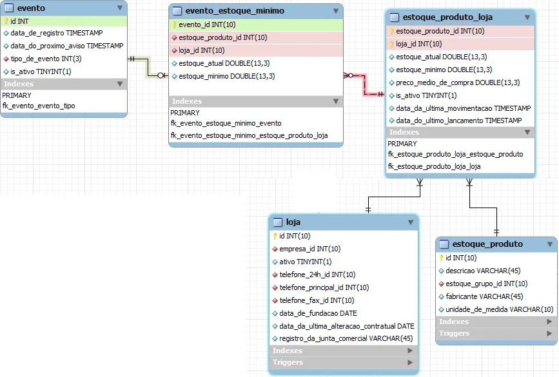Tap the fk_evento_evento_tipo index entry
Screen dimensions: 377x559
pyautogui.click(x=39, y=106)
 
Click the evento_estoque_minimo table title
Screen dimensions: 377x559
pyautogui.click(x=235, y=12)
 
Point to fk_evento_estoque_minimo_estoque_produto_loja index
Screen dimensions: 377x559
pyautogui.click(x=249, y=135)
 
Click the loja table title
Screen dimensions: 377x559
pyautogui.click(x=293, y=222)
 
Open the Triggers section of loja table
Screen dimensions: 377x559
pyautogui.click(x=288, y=363)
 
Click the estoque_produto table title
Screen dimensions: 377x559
pyautogui.click(x=488, y=244)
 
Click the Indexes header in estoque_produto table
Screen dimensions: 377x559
pyautogui.click(x=454, y=322)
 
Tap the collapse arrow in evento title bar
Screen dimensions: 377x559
pyautogui.click(x=120, y=8)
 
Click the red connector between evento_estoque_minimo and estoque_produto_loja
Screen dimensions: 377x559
pyautogui.click(x=366, y=84)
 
